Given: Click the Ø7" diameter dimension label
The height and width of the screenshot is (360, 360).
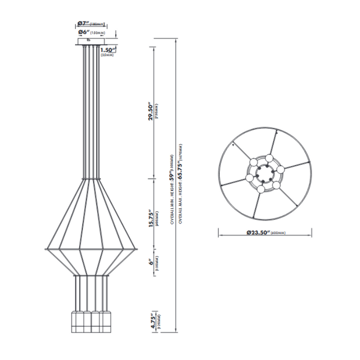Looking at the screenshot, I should point(83,23).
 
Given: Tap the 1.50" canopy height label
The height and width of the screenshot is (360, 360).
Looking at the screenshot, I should point(107,50).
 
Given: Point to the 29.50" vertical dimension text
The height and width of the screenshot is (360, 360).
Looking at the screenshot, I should point(151,111).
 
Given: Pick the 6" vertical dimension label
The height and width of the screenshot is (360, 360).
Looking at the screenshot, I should point(151,263).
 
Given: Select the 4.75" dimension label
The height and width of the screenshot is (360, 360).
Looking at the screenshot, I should point(151,322).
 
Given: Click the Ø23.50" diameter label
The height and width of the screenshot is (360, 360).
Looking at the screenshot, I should point(258,232).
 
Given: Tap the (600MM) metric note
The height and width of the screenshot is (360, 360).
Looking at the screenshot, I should point(279,233).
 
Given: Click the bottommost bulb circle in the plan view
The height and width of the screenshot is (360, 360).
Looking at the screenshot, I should point(262,189).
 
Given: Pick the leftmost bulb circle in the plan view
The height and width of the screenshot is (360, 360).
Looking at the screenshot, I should point(249,178).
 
